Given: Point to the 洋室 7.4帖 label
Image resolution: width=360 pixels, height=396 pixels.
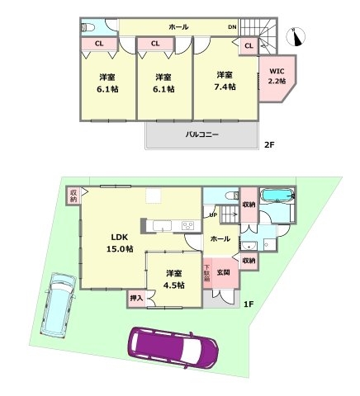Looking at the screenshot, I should point(225,80).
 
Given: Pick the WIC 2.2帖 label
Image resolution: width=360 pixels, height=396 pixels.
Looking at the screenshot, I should point(276,77).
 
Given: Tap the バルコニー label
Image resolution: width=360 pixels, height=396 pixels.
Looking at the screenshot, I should point(201,134).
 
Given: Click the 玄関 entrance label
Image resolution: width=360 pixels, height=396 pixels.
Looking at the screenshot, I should point(224,272).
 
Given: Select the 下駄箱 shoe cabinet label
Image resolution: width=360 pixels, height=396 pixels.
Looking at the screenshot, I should point(207,273).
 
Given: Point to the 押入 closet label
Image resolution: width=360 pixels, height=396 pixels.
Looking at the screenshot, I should point(136,298).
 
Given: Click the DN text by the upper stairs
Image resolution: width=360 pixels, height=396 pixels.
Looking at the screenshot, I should point(233,27).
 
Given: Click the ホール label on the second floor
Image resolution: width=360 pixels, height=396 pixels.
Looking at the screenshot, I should point(178,27).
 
